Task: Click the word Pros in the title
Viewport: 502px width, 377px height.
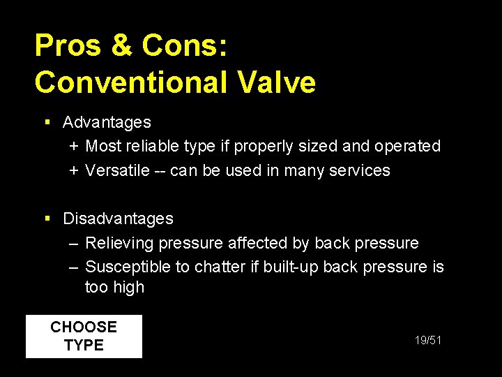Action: (x=66, y=46)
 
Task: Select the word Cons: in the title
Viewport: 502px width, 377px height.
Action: (x=183, y=46)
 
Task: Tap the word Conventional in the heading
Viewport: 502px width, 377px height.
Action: (x=130, y=82)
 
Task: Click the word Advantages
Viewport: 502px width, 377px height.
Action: (x=107, y=122)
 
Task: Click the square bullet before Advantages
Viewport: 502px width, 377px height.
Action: (x=47, y=122)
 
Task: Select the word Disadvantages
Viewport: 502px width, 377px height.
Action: (x=118, y=219)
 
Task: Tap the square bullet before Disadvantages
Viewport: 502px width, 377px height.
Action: (x=47, y=219)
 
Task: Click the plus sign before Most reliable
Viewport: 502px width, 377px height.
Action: (x=74, y=147)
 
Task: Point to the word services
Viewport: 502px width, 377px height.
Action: (x=361, y=170)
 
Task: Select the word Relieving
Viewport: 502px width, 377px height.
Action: (x=119, y=243)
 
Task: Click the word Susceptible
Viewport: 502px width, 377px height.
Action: (x=128, y=267)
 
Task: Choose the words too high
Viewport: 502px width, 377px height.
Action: (x=114, y=287)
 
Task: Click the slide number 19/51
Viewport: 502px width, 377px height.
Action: (x=428, y=340)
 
